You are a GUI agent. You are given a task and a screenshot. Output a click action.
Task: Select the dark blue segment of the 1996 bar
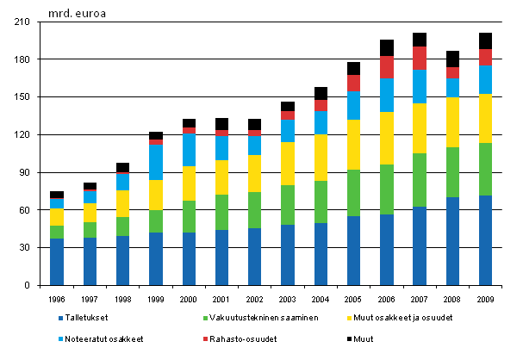click(57, 262)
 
